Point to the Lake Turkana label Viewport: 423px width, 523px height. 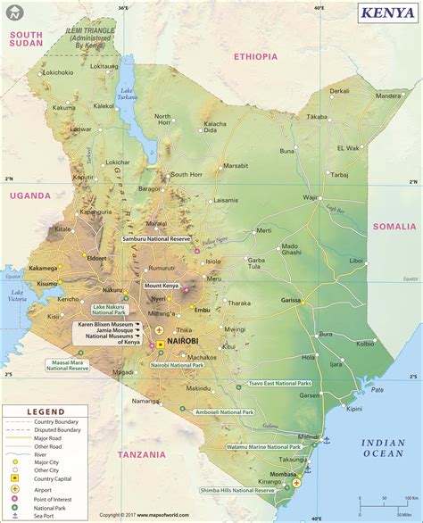click(129, 96)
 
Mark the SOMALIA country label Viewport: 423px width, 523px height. click(394, 227)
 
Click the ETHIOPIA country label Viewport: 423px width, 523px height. click(256, 56)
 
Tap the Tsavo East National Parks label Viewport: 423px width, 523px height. click(279, 382)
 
